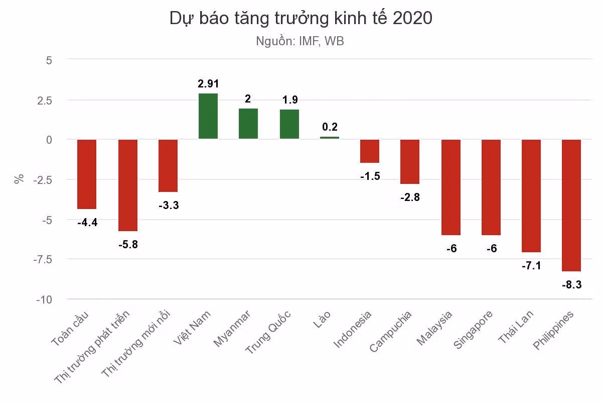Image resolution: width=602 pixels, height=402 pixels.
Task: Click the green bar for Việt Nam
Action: click(x=208, y=116)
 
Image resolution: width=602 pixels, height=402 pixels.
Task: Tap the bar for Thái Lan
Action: click(x=531, y=195)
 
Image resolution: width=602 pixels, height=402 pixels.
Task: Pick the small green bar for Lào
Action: click(x=330, y=138)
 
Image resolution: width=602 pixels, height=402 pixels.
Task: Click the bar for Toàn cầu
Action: click(x=87, y=174)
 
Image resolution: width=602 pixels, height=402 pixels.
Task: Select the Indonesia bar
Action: click(x=370, y=151)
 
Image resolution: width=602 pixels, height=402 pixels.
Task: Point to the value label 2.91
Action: click(x=208, y=84)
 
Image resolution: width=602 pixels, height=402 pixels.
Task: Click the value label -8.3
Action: click(x=571, y=284)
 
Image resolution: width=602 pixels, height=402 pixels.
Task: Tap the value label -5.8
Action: click(x=128, y=245)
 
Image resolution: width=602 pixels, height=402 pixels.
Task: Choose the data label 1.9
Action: click(x=290, y=100)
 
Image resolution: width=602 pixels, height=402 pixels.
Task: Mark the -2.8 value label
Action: click(x=410, y=197)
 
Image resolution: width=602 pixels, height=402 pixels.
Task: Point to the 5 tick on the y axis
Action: click(x=49, y=60)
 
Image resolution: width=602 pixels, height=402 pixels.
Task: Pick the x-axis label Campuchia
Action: click(x=391, y=332)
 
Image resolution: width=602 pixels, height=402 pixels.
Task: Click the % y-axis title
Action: click(x=19, y=179)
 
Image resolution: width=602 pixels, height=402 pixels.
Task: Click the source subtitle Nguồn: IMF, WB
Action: click(x=300, y=41)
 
